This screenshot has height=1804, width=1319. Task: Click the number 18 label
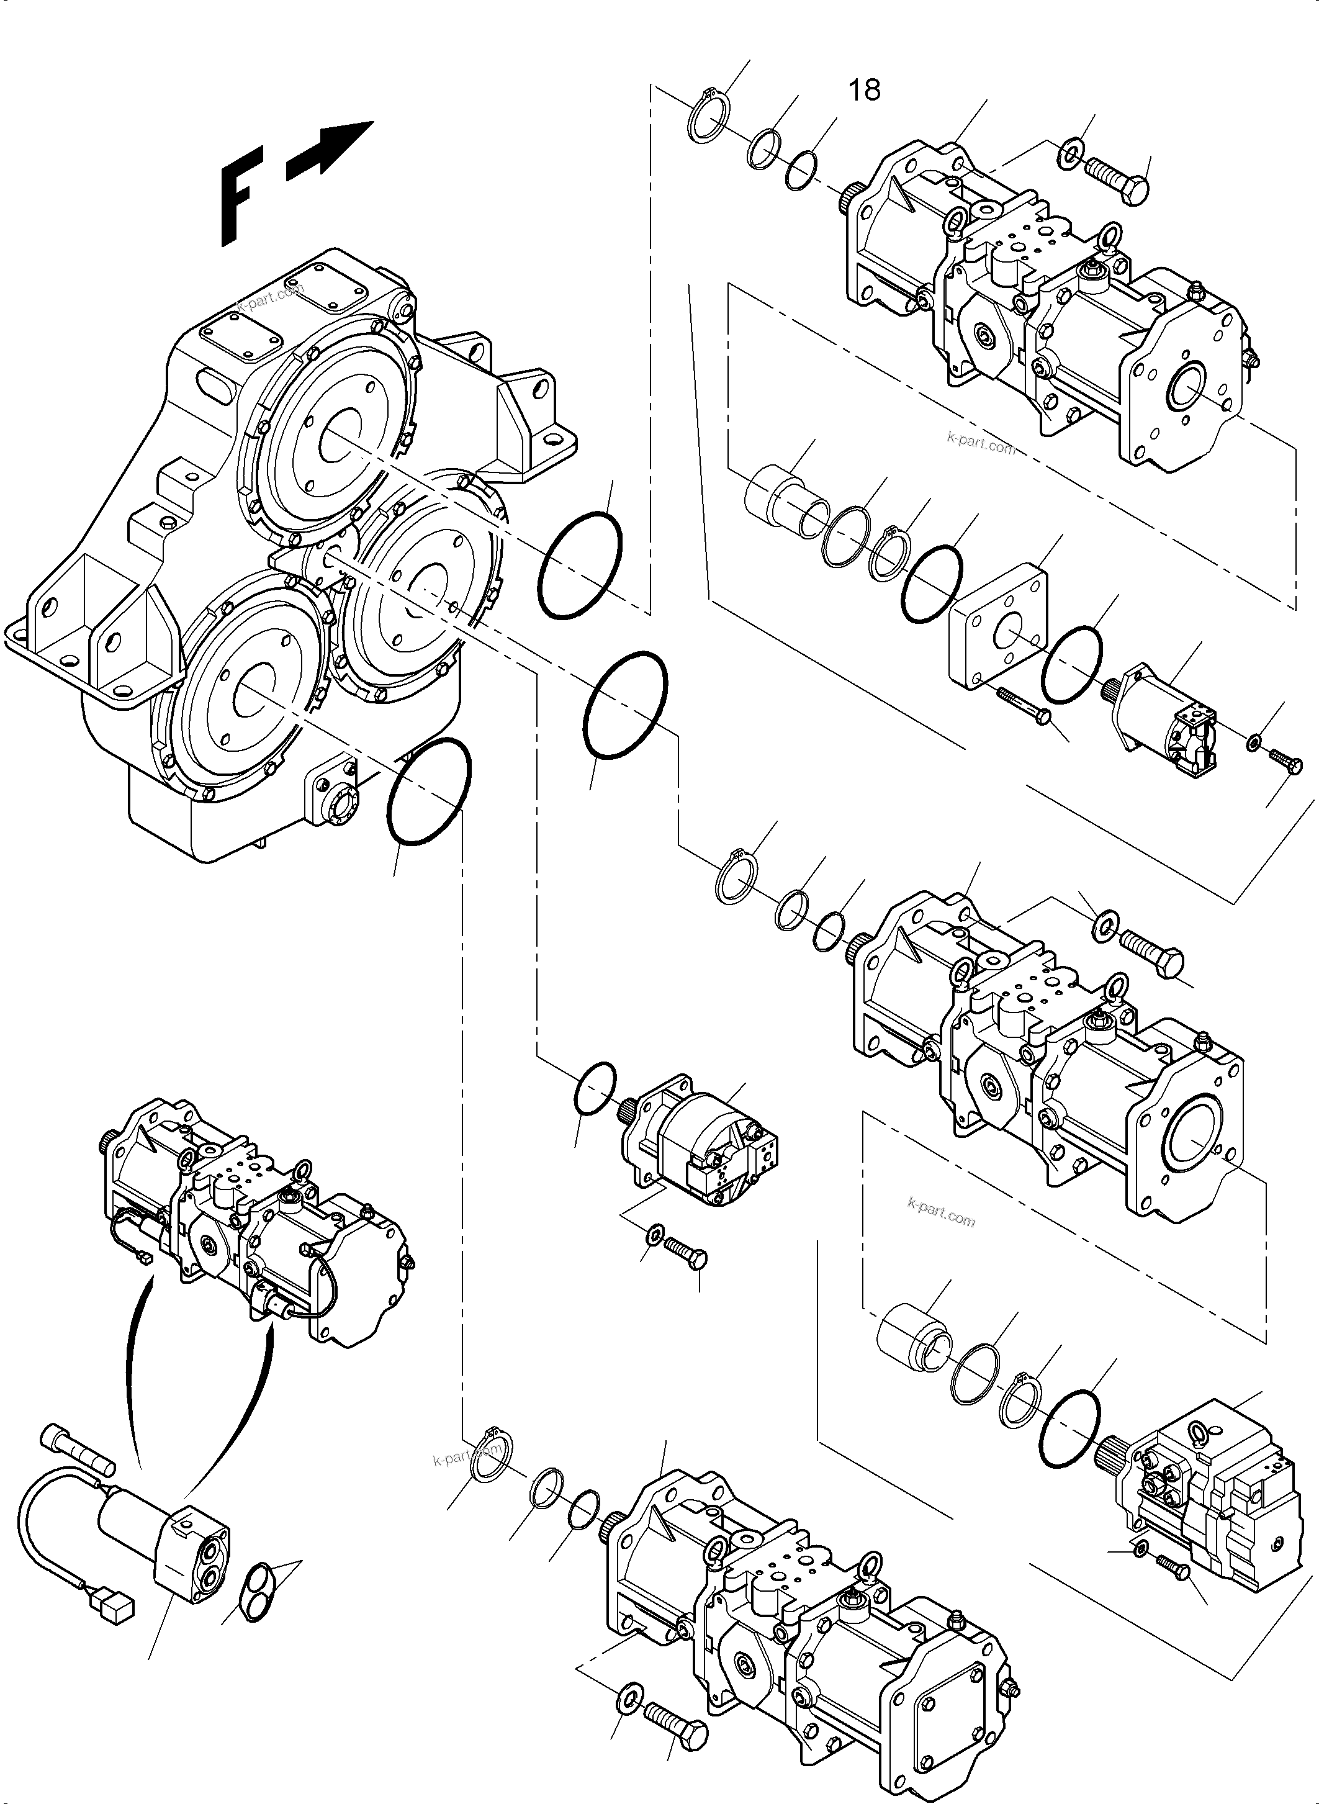(x=864, y=90)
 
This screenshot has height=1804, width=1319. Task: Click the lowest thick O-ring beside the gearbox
(x=429, y=792)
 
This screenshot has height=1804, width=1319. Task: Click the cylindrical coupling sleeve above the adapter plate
(x=777, y=497)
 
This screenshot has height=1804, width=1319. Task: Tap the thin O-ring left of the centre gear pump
(x=595, y=1087)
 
